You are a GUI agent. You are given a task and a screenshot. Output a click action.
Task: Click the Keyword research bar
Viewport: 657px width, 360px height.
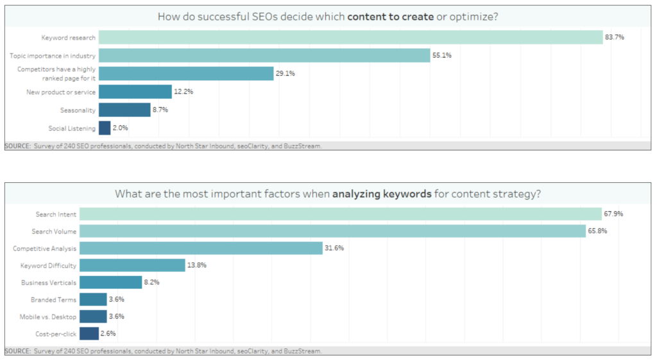point(350,37)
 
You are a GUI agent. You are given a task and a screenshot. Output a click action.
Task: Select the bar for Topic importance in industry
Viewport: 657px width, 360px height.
point(264,55)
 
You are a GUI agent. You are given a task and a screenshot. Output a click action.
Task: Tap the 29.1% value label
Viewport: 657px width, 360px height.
point(286,74)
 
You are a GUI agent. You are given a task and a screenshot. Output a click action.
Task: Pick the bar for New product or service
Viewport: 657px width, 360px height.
point(135,92)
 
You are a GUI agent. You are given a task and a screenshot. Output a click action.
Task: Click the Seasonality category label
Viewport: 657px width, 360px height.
point(78,110)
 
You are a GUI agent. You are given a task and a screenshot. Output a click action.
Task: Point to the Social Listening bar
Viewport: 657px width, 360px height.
point(105,128)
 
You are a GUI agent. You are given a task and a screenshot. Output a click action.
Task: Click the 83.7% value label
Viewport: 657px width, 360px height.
point(614,37)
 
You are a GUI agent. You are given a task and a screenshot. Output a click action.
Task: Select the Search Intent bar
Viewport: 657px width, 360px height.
point(341,214)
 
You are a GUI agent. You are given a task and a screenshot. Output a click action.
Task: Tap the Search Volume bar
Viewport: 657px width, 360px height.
point(332,231)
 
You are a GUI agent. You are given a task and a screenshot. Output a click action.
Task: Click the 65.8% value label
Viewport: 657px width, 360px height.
point(598,231)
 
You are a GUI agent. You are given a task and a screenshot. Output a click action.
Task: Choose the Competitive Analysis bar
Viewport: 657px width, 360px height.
point(201,248)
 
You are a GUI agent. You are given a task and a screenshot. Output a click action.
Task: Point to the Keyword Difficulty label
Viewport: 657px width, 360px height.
point(48,265)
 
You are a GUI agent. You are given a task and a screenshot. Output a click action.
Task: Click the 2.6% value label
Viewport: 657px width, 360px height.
point(108,334)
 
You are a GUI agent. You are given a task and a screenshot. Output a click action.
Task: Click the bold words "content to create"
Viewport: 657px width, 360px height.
point(390,17)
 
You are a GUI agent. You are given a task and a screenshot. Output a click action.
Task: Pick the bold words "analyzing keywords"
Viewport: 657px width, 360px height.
point(382,193)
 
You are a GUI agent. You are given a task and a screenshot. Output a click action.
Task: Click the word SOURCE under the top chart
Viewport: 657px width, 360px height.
point(17,146)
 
